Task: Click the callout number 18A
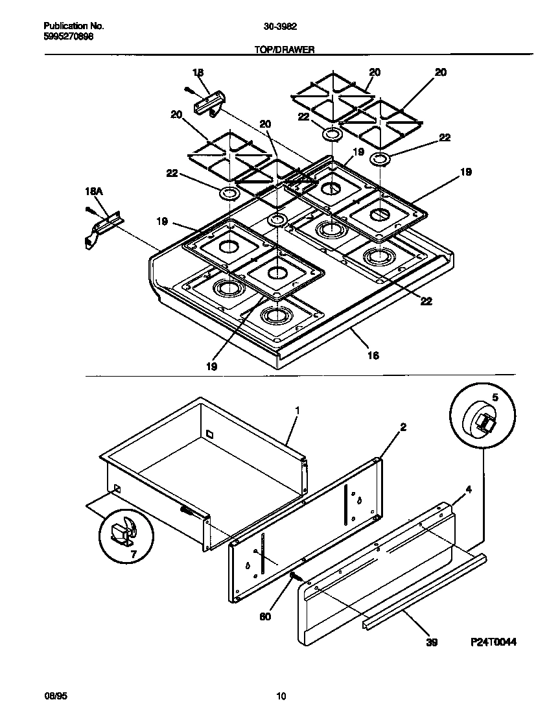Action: coord(95,192)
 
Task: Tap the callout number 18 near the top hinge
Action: coord(198,73)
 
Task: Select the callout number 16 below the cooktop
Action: coord(373,355)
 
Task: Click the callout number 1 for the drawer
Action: coord(297,410)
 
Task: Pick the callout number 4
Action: coord(469,490)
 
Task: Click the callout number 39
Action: coord(432,642)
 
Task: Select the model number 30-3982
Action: coord(280,27)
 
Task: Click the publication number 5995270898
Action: coord(68,38)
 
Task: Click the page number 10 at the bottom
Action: coord(280,697)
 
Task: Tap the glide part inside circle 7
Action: coord(122,530)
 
